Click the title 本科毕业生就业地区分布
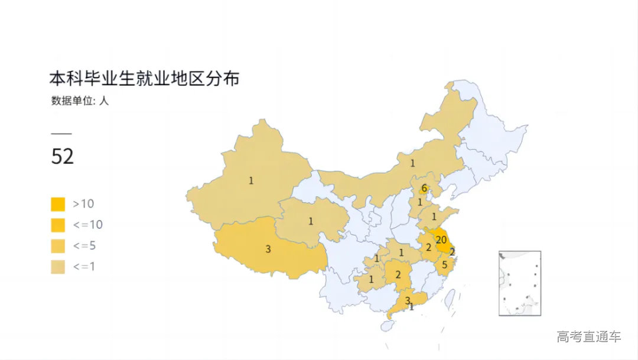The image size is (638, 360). (x=144, y=79)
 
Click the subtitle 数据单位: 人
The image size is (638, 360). (x=80, y=100)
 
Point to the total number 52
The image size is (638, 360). (x=63, y=157)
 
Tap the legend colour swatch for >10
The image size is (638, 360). (x=58, y=204)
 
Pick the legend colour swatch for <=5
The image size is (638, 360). (x=58, y=245)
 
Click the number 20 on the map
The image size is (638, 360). (x=441, y=240)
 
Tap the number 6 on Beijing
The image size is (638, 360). (x=424, y=189)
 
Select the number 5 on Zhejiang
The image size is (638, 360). (x=445, y=264)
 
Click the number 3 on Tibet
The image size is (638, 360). (x=268, y=249)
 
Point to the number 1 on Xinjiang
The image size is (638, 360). (x=251, y=180)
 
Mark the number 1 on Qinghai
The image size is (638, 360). (x=310, y=222)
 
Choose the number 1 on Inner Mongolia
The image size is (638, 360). (x=412, y=163)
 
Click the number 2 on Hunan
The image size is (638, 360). (x=398, y=274)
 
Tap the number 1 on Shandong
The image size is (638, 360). (x=434, y=216)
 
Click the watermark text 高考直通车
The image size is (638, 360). (x=588, y=337)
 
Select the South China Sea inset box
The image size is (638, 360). (x=520, y=283)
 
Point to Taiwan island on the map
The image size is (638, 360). (x=450, y=297)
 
